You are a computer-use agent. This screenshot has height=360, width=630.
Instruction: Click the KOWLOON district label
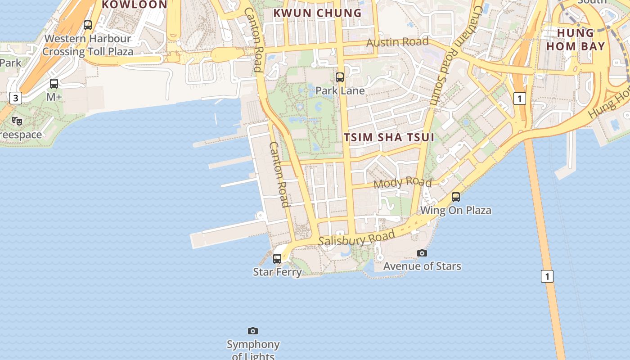pyautogui.click(x=135, y=4)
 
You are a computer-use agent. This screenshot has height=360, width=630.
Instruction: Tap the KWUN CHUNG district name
pyautogui.click(x=318, y=13)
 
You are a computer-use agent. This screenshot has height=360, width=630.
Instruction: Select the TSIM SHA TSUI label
pyautogui.click(x=389, y=137)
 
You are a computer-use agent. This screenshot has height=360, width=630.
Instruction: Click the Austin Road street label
pyautogui.click(x=397, y=42)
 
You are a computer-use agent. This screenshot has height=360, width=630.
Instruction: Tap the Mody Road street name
pyautogui.click(x=403, y=182)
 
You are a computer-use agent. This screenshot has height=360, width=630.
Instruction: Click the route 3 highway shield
pyautogui.click(x=16, y=98)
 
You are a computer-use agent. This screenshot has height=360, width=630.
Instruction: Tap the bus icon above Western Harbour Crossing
pyautogui.click(x=88, y=25)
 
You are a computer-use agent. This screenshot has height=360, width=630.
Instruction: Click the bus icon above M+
pyautogui.click(x=54, y=83)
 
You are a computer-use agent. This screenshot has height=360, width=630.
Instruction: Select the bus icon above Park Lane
pyautogui.click(x=340, y=77)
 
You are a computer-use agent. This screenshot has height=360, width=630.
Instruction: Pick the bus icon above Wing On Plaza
pyautogui.click(x=456, y=197)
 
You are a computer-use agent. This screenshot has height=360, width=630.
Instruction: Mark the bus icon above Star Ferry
pyautogui.click(x=277, y=258)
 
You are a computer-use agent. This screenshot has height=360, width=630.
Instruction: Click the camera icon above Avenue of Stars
pyautogui.click(x=422, y=253)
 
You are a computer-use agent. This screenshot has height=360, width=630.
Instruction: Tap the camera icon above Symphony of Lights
pyautogui.click(x=253, y=331)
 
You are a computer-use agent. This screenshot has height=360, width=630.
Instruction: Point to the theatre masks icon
pyautogui.click(x=17, y=121)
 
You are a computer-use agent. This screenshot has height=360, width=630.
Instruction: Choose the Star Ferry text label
pyautogui.click(x=277, y=272)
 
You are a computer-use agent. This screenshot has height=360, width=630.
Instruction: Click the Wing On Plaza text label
pyautogui.click(x=456, y=210)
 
